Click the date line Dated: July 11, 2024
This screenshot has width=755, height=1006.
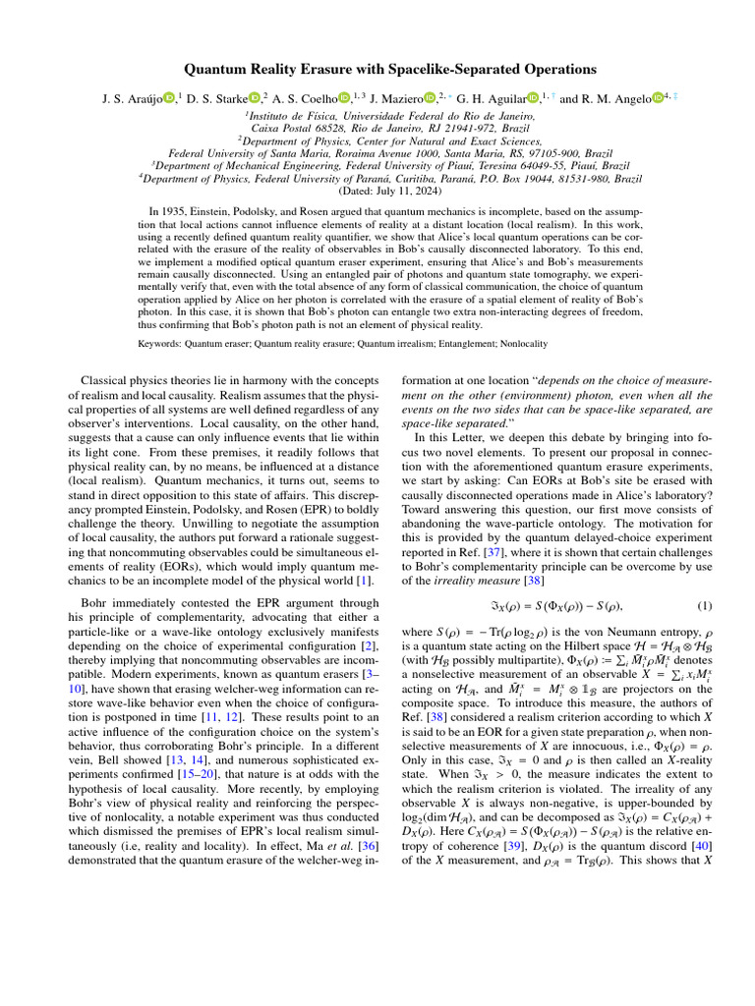point(377,194)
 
